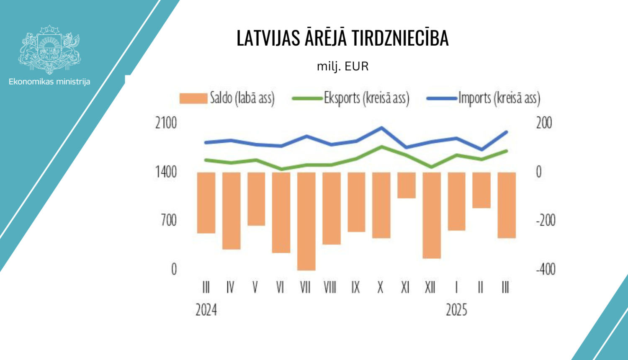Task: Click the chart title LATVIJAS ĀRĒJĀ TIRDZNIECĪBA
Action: click(x=342, y=38)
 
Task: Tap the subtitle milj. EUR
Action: click(x=342, y=67)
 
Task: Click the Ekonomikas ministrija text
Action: click(x=49, y=82)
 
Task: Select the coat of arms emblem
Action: click(x=49, y=49)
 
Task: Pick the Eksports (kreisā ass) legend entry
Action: click(x=350, y=98)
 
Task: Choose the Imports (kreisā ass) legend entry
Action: click(x=484, y=98)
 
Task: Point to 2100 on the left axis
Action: click(x=166, y=123)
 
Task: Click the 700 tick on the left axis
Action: click(x=169, y=220)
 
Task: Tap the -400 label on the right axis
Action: click(x=546, y=269)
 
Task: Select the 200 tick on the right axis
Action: click(x=544, y=123)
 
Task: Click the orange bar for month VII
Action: click(x=306, y=221)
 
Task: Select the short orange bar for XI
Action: click(x=406, y=185)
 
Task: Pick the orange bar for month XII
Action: click(x=432, y=215)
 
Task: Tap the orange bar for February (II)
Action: click(x=481, y=190)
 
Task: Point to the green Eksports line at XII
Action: click(x=432, y=167)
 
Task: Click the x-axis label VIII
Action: click(x=330, y=288)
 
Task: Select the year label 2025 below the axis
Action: click(x=456, y=310)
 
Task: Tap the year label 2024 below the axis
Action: click(x=206, y=310)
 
